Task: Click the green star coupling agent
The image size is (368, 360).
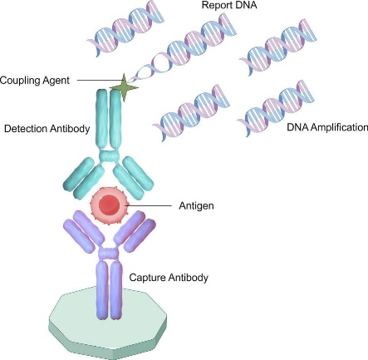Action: [124, 87]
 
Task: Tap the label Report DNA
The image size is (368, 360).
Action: [229, 5]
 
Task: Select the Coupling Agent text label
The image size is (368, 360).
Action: [35, 81]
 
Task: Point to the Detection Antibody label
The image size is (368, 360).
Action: [47, 129]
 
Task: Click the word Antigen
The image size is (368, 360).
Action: [196, 206]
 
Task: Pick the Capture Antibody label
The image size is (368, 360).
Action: [169, 278]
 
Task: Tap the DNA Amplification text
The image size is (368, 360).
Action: [327, 127]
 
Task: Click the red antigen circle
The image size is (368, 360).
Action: [110, 205]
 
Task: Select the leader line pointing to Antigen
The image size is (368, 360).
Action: [149, 205]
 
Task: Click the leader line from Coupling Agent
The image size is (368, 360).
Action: [99, 81]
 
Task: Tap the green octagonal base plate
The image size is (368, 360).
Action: [108, 323]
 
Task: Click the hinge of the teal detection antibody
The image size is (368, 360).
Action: [110, 156]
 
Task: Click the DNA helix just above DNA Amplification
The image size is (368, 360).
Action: [276, 109]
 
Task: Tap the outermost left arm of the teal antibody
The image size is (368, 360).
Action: [79, 174]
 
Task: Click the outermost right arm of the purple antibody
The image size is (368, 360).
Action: [140, 235]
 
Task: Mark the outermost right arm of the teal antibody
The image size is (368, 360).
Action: [138, 173]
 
